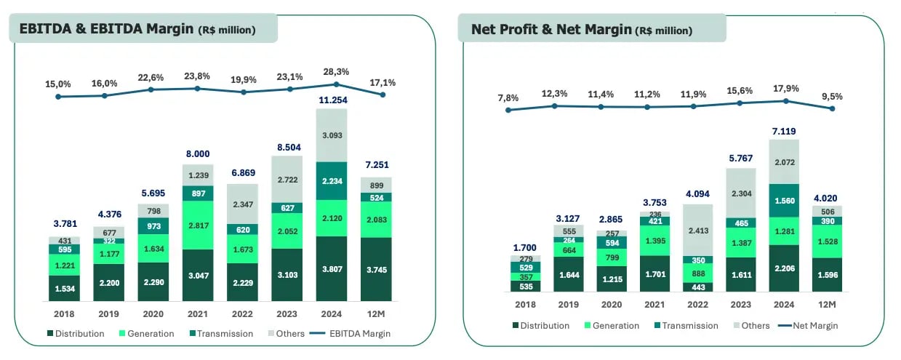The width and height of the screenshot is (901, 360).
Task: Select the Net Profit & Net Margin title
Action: [582, 30]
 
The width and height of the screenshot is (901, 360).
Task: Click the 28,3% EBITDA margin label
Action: [337, 72]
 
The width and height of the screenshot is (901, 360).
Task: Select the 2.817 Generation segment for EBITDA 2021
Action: [198, 226]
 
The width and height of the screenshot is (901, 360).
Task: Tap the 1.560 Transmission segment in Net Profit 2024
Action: [785, 200]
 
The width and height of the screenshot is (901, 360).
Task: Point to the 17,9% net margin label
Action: [786, 89]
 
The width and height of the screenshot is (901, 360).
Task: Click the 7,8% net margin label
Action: [509, 97]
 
